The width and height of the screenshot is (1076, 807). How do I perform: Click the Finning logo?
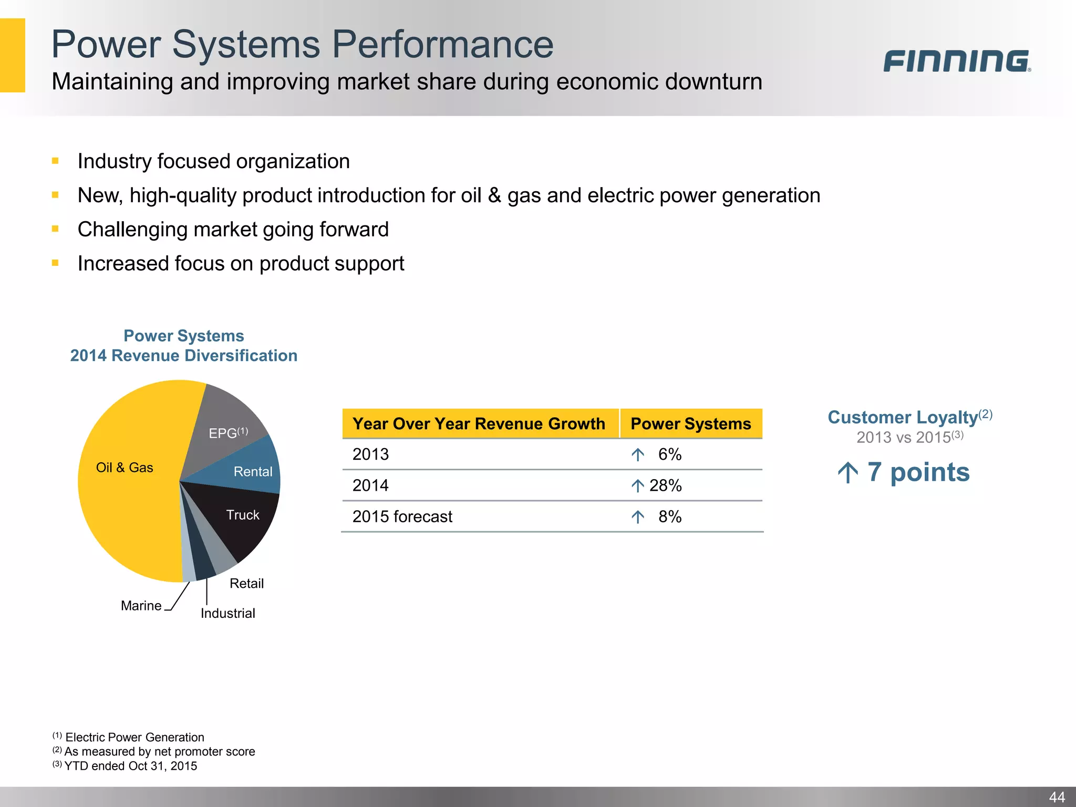pyautogui.click(x=956, y=61)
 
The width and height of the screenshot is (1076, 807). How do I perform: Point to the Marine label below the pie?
pyautogui.click(x=141, y=606)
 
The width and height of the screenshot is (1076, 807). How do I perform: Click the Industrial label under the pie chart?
pyautogui.click(x=227, y=613)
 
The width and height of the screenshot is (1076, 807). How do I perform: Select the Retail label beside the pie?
pyautogui.click(x=246, y=583)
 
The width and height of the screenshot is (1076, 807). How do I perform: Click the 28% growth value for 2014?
pyautogui.click(x=665, y=485)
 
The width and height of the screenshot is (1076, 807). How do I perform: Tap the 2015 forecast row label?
pyautogui.click(x=402, y=516)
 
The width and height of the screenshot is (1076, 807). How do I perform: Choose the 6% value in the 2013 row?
pyautogui.click(x=669, y=454)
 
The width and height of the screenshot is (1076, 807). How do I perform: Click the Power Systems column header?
pyautogui.click(x=690, y=423)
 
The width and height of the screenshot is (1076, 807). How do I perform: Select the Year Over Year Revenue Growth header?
pyautogui.click(x=479, y=423)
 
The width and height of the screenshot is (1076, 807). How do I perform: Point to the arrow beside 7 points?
pyautogui.click(x=847, y=472)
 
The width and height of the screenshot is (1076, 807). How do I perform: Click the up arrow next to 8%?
pyautogui.click(x=637, y=517)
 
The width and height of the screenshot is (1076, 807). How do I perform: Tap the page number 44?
pyautogui.click(x=1057, y=797)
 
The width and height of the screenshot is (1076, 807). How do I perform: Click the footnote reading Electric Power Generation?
pyautogui.click(x=134, y=737)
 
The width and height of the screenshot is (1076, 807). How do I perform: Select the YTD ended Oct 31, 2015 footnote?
pyautogui.click(x=130, y=766)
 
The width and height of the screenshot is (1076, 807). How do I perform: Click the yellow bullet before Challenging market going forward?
pyautogui.click(x=55, y=229)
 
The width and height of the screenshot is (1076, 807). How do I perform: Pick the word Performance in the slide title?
pyautogui.click(x=443, y=44)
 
